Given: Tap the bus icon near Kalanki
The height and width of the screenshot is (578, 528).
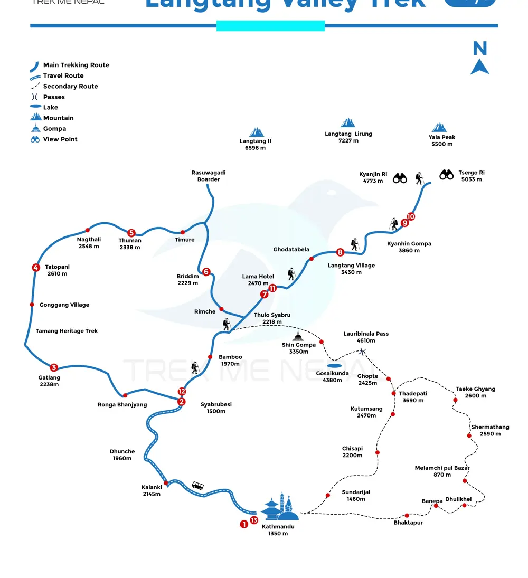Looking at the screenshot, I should [197, 486].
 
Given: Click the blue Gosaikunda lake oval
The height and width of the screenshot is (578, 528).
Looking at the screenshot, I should [334, 365].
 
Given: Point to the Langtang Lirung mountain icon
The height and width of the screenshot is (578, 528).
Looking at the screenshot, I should [348, 123].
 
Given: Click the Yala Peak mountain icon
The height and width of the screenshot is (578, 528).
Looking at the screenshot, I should [439, 127].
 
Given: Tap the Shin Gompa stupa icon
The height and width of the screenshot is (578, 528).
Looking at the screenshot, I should [299, 336].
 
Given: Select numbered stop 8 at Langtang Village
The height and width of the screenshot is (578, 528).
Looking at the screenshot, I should [340, 252].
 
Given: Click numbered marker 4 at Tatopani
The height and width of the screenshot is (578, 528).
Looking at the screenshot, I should [36, 268].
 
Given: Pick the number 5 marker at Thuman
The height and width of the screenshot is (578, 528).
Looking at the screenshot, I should [131, 233].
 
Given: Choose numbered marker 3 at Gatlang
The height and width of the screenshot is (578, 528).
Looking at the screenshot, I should [53, 367].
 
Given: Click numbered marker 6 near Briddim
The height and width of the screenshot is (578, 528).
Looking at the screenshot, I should [206, 272].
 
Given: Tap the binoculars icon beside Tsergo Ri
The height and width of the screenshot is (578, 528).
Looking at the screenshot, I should [447, 174].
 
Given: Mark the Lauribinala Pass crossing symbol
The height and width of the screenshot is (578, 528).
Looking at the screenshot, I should [363, 351].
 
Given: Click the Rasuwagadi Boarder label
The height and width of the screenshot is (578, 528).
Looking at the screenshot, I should [209, 176].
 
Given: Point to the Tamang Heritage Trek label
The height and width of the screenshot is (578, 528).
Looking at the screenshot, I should [67, 331].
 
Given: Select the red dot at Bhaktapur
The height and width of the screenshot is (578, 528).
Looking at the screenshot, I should [407, 516].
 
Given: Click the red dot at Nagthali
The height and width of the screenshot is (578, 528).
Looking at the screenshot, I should [88, 230].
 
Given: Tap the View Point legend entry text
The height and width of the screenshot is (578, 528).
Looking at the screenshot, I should [60, 139].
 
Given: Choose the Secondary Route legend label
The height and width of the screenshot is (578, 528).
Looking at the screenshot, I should [70, 87].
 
